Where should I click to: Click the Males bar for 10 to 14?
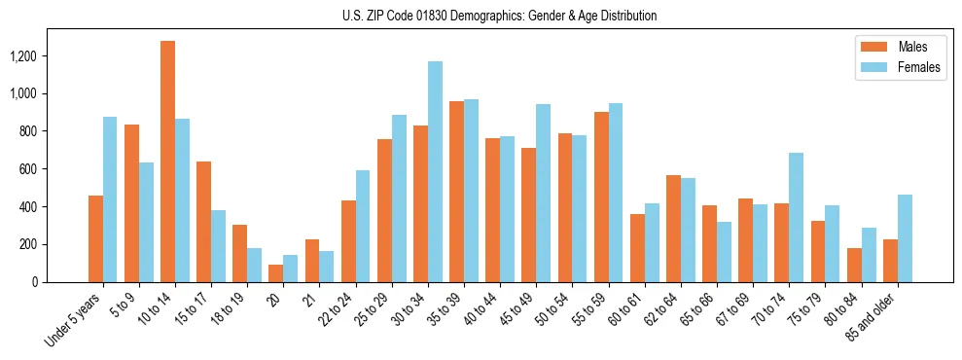[167, 162]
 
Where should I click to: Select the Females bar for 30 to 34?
[435, 171]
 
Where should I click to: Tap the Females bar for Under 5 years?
[110, 199]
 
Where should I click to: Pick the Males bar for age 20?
[276, 273]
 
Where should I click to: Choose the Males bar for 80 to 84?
[854, 265]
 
